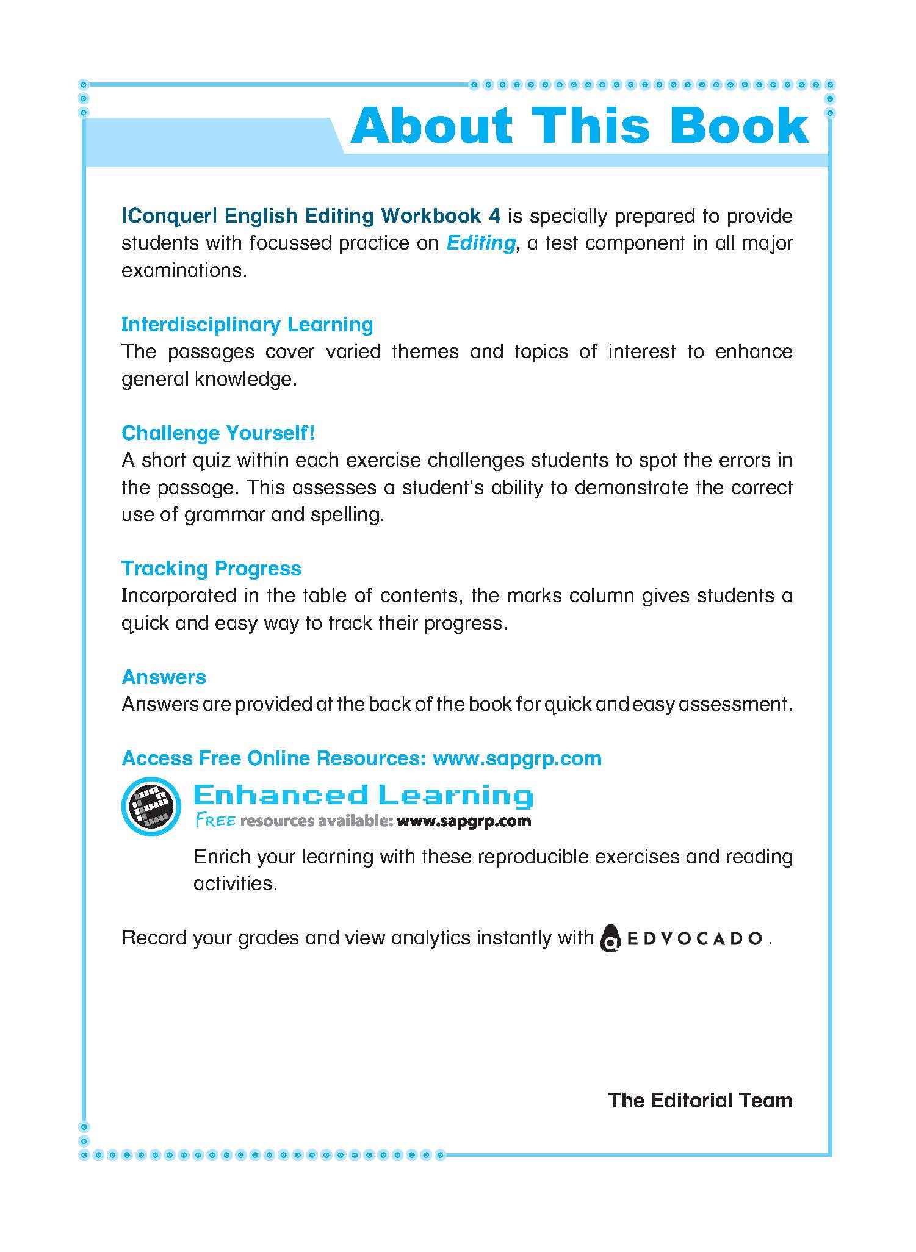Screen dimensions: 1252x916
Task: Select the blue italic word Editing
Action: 481,243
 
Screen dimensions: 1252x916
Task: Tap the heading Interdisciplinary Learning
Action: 247,325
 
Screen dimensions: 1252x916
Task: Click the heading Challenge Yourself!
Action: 218,433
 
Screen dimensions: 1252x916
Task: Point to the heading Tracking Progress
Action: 211,569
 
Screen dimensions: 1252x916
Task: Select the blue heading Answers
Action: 164,677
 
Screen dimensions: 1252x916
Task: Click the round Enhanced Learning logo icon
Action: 151,806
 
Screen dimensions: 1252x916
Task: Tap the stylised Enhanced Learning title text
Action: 363,796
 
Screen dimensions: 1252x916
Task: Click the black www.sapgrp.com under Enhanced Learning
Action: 463,821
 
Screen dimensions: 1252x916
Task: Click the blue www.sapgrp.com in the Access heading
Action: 517,758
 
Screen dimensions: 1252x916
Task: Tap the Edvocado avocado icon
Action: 611,939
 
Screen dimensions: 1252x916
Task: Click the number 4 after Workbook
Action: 495,216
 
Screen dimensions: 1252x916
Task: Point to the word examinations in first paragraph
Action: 184,270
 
